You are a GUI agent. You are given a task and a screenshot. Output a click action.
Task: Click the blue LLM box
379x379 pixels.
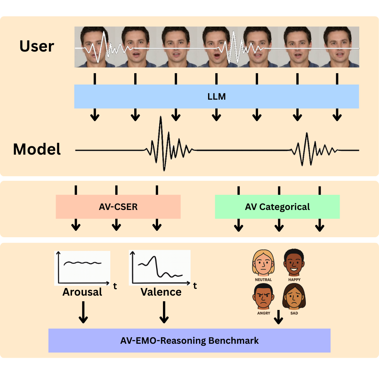point(216,97)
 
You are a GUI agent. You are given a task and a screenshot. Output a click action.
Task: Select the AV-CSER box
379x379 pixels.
point(118,207)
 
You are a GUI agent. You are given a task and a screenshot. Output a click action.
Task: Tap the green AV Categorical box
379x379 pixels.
point(277,207)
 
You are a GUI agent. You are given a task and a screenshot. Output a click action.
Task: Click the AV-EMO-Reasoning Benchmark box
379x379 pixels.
point(189,340)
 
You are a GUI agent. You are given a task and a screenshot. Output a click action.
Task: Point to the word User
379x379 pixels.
point(37,46)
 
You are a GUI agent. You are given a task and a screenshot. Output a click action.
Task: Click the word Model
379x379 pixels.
point(37,149)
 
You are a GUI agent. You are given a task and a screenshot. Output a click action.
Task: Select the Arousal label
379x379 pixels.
point(82,292)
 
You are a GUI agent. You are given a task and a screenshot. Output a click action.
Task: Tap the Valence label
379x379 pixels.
point(161,292)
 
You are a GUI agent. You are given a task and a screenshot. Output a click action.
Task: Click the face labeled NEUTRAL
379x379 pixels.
point(263,263)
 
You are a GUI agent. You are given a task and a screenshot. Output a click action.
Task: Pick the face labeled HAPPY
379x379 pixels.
point(294,262)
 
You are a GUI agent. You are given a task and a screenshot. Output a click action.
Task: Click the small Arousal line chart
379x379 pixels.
point(83,268)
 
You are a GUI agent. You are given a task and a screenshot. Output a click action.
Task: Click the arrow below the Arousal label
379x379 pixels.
point(83,312)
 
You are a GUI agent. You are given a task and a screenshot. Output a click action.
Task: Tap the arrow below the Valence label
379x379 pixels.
point(164,312)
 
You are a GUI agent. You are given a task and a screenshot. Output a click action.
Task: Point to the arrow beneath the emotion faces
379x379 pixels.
point(279,317)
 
